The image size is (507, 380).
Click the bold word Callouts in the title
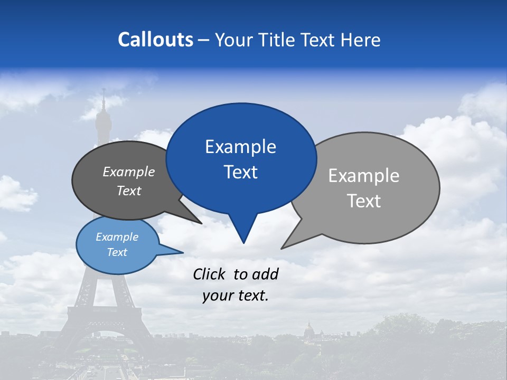155,40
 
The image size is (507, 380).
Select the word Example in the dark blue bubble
240,147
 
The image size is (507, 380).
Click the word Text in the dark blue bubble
240,172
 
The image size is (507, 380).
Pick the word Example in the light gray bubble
364,176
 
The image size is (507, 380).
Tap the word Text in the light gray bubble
364,201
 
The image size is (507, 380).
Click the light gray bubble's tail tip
282,248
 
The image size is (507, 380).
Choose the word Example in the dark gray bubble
129,172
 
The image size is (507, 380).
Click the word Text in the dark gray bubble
129,191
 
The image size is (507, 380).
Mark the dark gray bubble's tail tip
201,223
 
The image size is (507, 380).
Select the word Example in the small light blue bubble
117,237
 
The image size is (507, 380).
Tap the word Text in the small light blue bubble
117,252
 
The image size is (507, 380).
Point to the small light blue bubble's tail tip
183,252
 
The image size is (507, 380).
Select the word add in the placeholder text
265,274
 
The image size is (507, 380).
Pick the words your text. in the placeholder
236,296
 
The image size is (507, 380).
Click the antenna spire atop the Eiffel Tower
104,98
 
